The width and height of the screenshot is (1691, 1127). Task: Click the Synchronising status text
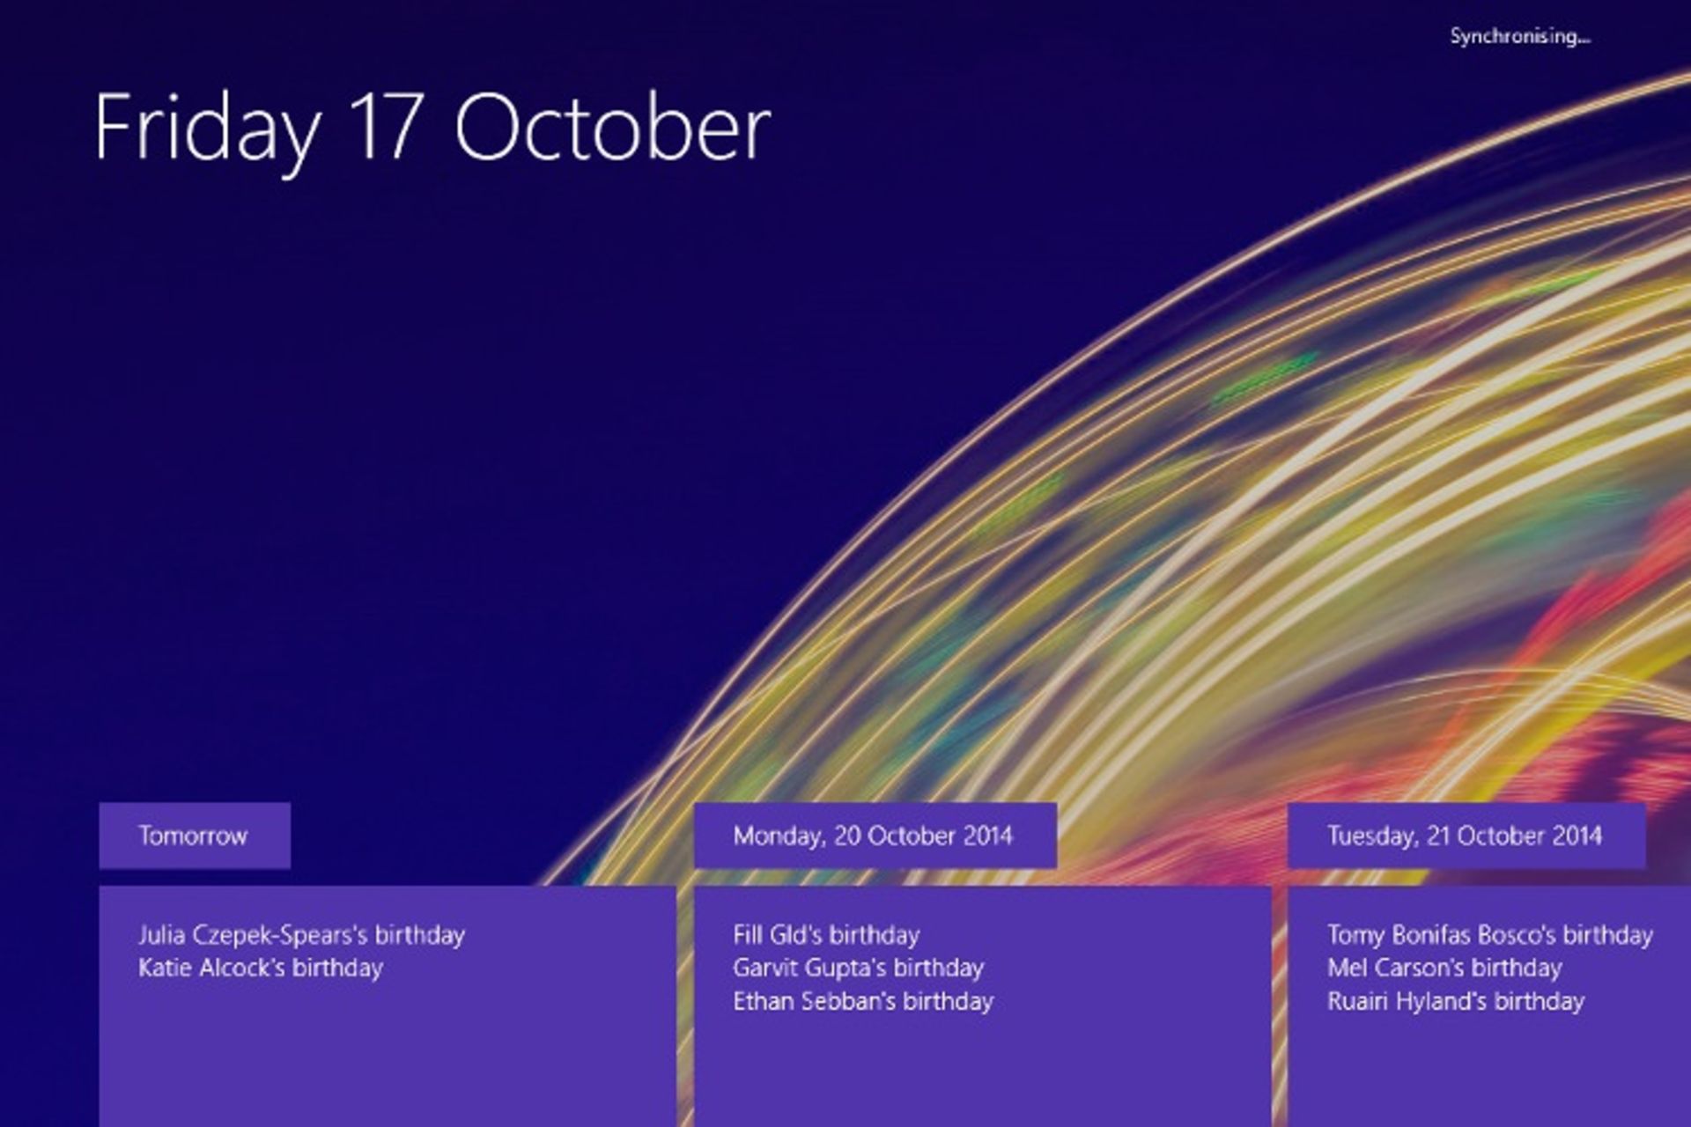(x=1520, y=37)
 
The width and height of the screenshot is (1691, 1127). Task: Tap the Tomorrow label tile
(x=195, y=836)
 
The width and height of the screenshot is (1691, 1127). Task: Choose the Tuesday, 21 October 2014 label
(x=1466, y=836)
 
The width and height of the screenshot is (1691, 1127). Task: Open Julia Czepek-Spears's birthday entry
(x=301, y=935)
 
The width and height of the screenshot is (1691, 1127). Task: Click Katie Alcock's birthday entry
(x=261, y=969)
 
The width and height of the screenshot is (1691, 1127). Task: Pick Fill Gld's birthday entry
(x=826, y=935)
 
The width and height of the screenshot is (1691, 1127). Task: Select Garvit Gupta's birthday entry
(x=858, y=969)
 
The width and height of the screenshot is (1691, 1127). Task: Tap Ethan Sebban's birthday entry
(x=863, y=1002)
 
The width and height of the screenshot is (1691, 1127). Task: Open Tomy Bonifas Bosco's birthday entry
(x=1490, y=935)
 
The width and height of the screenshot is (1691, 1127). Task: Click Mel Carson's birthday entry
(x=1444, y=969)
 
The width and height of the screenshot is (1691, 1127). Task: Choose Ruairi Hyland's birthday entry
(x=1456, y=1002)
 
